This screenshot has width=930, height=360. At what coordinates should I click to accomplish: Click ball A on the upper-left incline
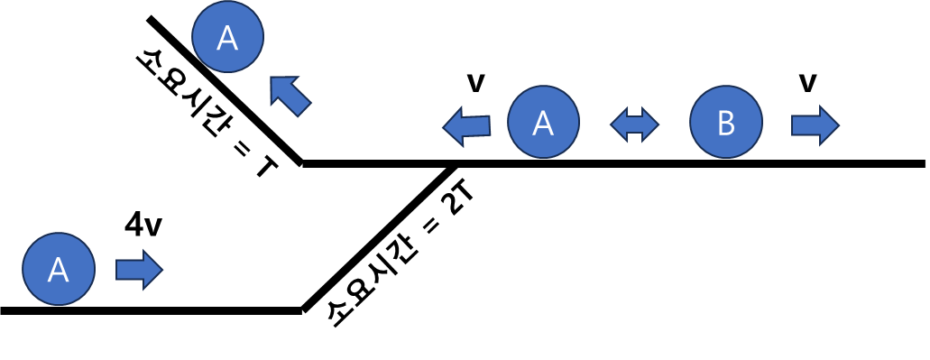pyautogui.click(x=227, y=37)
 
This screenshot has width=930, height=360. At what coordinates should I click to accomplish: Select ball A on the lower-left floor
pyautogui.click(x=58, y=269)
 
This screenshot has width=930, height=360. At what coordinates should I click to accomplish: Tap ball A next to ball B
pyautogui.click(x=543, y=122)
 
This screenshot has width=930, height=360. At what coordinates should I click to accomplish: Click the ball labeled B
pyautogui.click(x=726, y=122)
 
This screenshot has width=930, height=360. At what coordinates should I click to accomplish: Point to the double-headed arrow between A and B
pyautogui.click(x=635, y=124)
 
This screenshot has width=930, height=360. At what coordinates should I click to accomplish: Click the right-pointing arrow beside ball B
pyautogui.click(x=815, y=125)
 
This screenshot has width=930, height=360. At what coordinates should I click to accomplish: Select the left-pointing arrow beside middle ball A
pyautogui.click(x=466, y=126)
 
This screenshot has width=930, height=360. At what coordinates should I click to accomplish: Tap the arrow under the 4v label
pyautogui.click(x=139, y=269)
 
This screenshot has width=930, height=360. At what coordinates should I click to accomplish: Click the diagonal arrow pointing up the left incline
pyautogui.click(x=289, y=95)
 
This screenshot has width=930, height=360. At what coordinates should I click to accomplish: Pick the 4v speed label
pyautogui.click(x=143, y=226)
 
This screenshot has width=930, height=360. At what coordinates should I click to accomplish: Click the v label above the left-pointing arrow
pyautogui.click(x=475, y=84)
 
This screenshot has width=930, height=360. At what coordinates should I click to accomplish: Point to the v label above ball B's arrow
pyautogui.click(x=807, y=84)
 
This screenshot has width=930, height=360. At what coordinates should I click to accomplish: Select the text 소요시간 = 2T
pyautogui.click(x=396, y=248)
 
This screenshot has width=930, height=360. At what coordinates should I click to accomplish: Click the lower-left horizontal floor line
pyautogui.click(x=152, y=310)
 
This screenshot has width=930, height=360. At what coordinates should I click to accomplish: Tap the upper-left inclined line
pyautogui.click(x=226, y=90)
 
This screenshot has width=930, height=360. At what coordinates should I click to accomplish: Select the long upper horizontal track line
pyautogui.click(x=613, y=163)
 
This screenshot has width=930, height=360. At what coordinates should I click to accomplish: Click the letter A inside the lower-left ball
pyautogui.click(x=58, y=270)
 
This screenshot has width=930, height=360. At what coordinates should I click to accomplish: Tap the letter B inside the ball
pyautogui.click(x=726, y=124)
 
